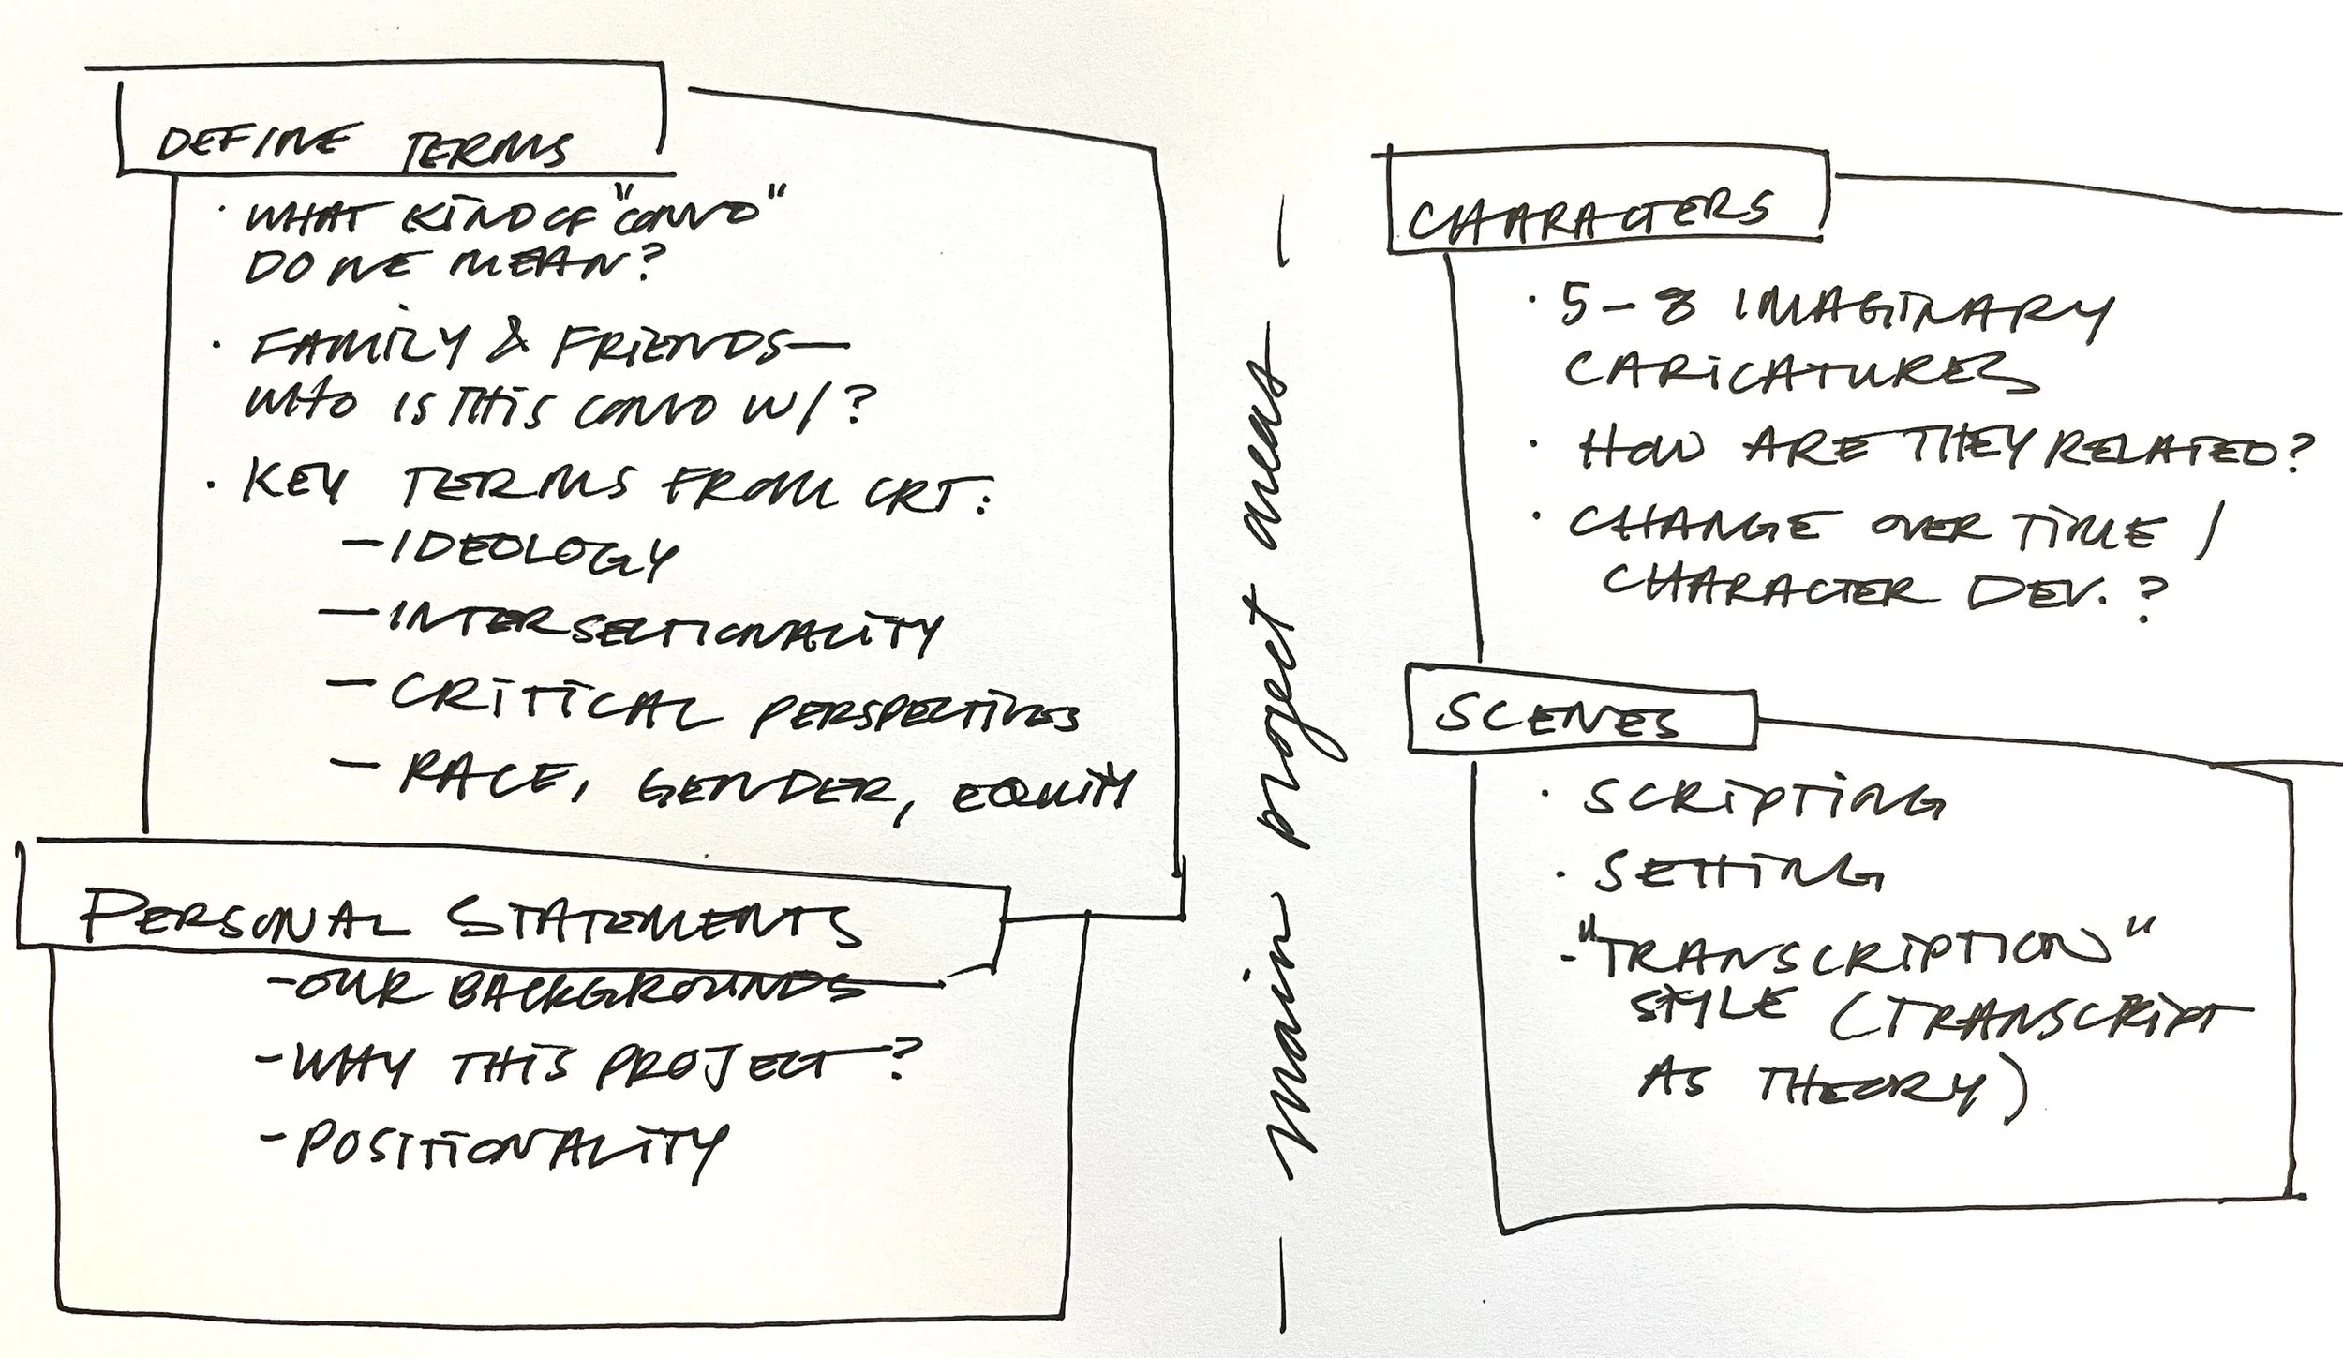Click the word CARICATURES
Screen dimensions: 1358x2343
(x=1799, y=373)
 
